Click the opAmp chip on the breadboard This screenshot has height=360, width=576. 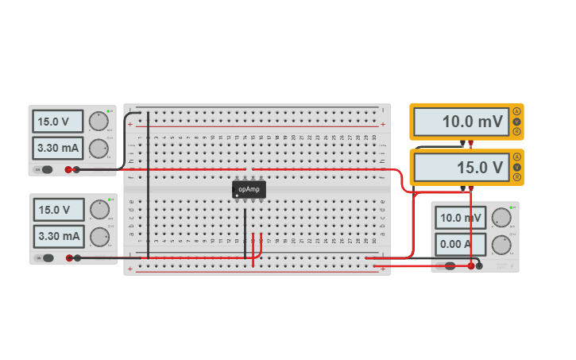249,189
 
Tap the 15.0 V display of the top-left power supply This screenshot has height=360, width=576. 58,122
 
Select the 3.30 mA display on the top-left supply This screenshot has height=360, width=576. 58,148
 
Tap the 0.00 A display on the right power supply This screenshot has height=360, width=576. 461,244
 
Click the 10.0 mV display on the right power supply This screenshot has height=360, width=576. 461,218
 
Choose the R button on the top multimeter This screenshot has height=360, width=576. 517,132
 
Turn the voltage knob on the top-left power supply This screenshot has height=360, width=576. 98,122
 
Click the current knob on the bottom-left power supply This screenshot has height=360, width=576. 99,237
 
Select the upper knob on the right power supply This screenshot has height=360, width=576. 501,218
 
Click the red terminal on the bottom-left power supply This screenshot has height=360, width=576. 69,257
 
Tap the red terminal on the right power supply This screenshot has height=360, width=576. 471,266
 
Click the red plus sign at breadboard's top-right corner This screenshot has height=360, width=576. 383,124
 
